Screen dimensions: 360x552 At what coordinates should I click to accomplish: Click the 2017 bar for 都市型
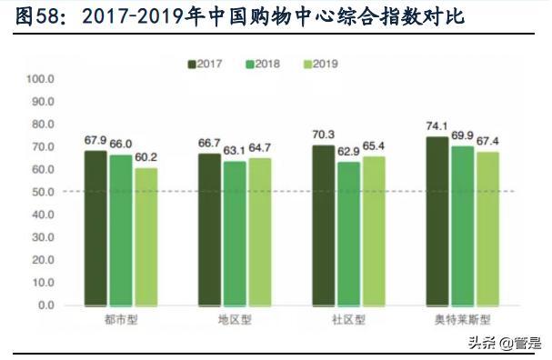tap(95, 227)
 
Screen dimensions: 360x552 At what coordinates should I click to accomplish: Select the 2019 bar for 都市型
tap(146, 236)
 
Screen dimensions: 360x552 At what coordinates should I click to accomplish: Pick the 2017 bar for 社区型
tap(323, 225)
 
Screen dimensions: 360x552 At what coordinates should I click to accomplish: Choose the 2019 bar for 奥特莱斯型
tap(487, 228)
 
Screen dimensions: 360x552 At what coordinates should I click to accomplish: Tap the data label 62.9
tap(348, 152)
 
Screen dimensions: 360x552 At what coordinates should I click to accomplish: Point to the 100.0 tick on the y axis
tap(41, 79)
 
